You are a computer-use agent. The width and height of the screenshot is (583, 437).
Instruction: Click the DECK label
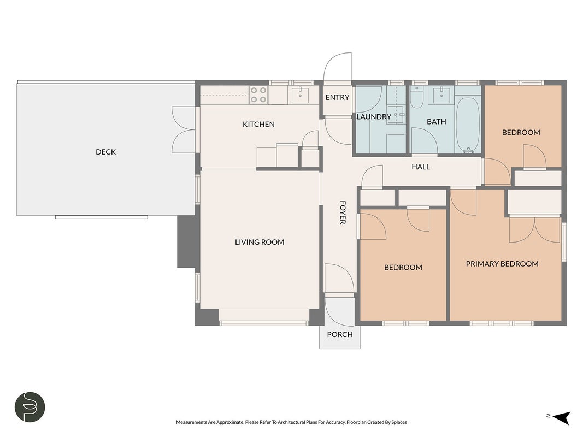(x=105, y=152)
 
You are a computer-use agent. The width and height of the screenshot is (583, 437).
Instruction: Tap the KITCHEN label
(x=258, y=124)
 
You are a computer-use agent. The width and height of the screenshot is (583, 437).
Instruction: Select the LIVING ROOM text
(x=260, y=242)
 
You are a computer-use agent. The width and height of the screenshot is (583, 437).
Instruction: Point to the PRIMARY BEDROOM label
(x=502, y=264)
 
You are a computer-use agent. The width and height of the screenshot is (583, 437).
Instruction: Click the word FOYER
(x=343, y=212)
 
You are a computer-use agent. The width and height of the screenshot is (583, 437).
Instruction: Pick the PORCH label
(x=340, y=334)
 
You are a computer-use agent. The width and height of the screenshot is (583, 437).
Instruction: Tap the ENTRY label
(x=337, y=97)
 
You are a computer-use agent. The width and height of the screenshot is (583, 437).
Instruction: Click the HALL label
(x=421, y=167)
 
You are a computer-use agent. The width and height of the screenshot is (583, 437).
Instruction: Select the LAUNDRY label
(x=374, y=117)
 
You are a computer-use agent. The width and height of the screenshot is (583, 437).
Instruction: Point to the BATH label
(x=436, y=121)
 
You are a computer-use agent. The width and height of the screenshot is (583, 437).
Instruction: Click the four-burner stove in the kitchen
(x=258, y=95)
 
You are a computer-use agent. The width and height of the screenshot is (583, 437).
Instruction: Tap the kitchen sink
(x=299, y=95)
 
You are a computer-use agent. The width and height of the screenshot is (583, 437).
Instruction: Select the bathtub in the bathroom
(x=468, y=125)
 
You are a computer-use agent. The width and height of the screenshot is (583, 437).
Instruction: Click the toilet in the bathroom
(x=416, y=97)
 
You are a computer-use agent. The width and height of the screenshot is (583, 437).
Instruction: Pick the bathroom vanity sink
(x=441, y=95)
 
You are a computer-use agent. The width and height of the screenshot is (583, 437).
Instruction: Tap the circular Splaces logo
(x=30, y=407)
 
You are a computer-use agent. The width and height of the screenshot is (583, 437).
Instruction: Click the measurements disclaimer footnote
(x=291, y=422)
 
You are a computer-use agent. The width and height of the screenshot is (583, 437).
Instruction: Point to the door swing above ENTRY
(x=338, y=67)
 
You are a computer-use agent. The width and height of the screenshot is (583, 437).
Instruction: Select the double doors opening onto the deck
(x=183, y=129)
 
